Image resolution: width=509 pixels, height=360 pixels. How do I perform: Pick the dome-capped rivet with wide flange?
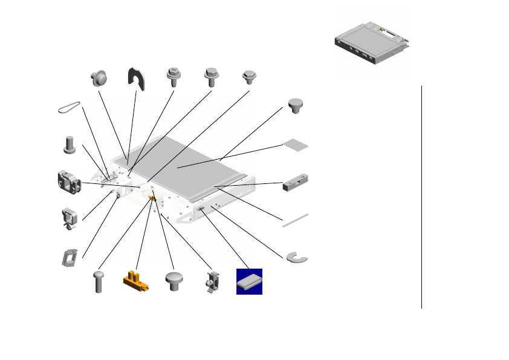point(99,77)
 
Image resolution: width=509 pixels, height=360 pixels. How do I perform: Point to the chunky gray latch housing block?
point(69,182)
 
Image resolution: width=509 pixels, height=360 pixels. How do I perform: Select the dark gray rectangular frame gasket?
point(68,257)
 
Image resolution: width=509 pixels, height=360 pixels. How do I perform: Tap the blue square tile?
point(249,281)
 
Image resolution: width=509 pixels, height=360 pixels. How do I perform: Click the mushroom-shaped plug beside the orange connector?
point(175,282)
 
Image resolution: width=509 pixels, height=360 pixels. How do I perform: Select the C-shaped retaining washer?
point(296,257)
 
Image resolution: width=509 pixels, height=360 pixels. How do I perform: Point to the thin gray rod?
point(295,220)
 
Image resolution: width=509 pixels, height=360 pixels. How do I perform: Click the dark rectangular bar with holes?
point(295,183)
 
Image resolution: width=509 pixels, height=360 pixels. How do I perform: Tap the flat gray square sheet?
point(296,145)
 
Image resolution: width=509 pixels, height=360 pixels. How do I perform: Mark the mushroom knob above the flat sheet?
point(296,105)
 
